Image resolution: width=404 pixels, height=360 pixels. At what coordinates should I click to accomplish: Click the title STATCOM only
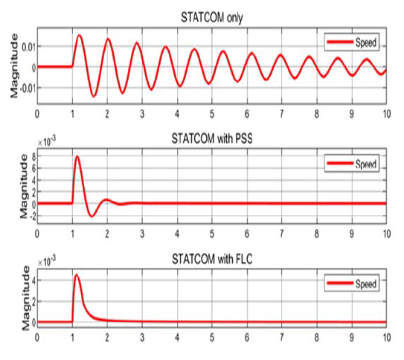point(211,17)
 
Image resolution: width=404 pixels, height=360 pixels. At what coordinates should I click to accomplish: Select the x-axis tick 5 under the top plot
point(212,115)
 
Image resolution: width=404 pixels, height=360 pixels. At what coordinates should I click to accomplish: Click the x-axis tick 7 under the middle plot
point(281,233)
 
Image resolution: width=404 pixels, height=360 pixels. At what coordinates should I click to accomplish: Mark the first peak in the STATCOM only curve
point(80,36)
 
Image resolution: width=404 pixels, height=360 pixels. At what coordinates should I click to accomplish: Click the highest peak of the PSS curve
point(78,157)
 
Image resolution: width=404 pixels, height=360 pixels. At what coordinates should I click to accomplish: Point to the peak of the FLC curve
point(77,276)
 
